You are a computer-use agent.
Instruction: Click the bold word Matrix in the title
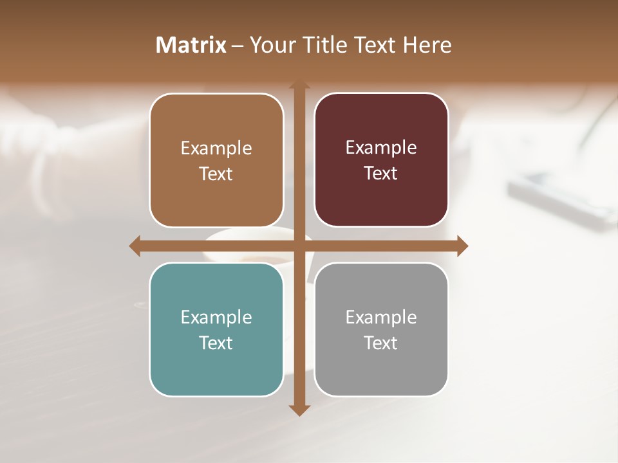191,45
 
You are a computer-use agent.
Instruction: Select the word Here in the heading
427,45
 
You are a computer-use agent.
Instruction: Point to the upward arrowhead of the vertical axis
299,86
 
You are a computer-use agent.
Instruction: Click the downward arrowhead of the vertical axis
299,410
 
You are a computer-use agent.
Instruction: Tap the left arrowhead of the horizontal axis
135,246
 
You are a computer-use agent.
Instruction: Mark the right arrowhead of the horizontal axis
462,246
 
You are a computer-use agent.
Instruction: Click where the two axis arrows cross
299,246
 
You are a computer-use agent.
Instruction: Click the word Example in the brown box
216,149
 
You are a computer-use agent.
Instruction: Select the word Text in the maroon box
381,174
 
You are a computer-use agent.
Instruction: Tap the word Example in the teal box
216,317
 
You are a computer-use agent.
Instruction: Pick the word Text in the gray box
381,343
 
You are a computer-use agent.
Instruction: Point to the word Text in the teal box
216,343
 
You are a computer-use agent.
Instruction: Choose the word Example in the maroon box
381,148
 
